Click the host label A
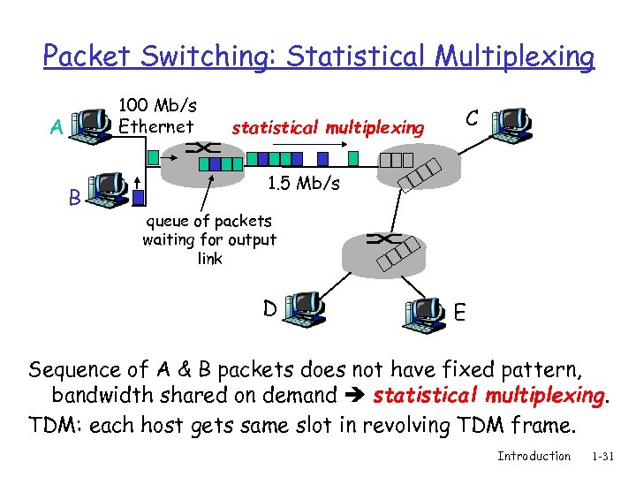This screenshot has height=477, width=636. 57,127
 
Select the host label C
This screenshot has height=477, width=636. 473,117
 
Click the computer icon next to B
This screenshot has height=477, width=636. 110,191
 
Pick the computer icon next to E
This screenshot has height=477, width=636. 425,314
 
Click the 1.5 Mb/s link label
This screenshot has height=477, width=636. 302,185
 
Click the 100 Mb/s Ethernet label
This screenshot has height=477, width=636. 157,116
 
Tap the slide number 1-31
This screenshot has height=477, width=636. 602,456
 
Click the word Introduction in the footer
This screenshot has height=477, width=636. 534,456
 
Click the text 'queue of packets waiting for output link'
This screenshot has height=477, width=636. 209,239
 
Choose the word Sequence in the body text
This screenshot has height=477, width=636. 74,369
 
